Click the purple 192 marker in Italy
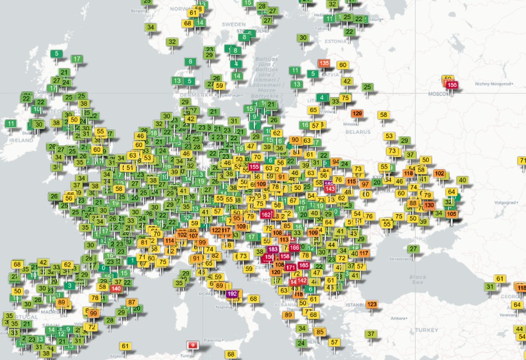tap(232, 294)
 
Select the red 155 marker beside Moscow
tap(452, 85)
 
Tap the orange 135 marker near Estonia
tap(324, 63)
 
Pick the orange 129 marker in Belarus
tap(357, 114)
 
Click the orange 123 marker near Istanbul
tap(372, 304)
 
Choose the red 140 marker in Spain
tap(116, 288)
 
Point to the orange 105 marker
tap(452, 214)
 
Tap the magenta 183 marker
tap(273, 250)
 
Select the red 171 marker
tap(290, 267)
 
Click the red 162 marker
tap(267, 215)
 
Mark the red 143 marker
tap(330, 189)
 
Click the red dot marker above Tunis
tap(192, 344)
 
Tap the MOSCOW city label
tap(441, 94)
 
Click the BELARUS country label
tap(358, 132)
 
